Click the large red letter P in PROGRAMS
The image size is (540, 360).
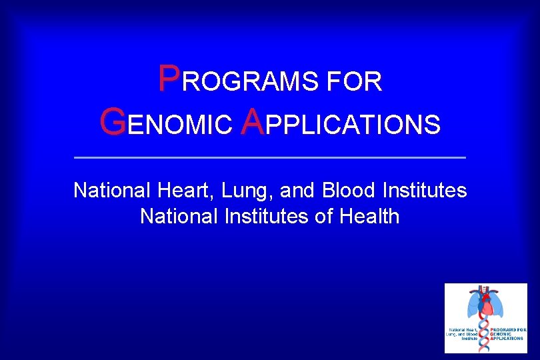tap(169, 79)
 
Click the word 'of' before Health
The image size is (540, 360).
tap(323, 217)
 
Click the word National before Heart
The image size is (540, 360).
tap(112, 191)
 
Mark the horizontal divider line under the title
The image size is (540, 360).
tap(269, 157)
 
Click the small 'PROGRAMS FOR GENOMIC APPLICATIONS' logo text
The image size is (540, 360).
tap(507, 333)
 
